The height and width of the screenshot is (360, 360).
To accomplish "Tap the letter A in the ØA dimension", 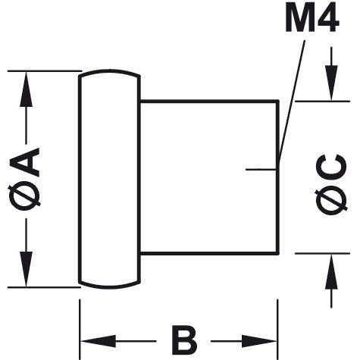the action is click(25, 162).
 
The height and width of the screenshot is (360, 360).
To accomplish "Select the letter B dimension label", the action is click(184, 340).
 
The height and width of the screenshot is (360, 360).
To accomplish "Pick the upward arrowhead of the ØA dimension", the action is click(26, 89).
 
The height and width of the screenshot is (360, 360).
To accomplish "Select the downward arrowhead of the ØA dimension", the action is click(26, 269).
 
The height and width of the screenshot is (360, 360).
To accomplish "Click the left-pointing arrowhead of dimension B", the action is click(99, 341).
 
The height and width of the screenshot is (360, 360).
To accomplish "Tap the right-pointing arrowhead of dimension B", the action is click(259, 341).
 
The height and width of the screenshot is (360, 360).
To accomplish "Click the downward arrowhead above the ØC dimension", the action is click(331, 83).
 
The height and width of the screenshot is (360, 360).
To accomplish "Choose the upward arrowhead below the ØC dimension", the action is click(331, 271).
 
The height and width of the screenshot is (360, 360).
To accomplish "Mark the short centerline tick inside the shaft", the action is click(261, 169).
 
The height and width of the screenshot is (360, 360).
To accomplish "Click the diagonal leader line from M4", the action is click(292, 102).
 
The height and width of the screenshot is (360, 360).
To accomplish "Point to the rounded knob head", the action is click(109, 179).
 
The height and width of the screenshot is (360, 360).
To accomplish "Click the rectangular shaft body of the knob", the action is click(209, 177).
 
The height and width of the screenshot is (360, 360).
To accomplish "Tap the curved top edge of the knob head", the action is click(109, 71).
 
